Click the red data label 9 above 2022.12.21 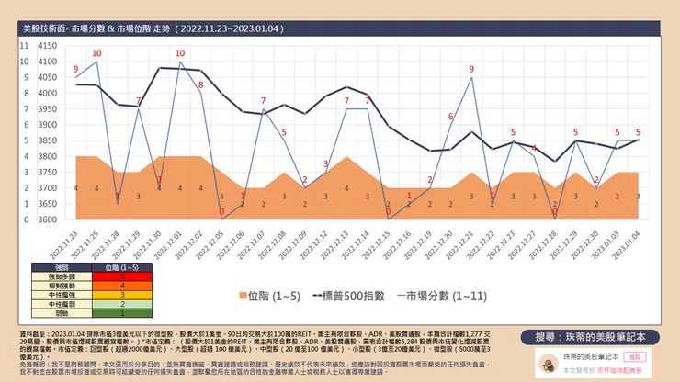coord(471,69)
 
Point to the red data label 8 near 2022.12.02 coord(200,85)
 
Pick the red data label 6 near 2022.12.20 coord(450,117)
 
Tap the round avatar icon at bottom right coord(546,360)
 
